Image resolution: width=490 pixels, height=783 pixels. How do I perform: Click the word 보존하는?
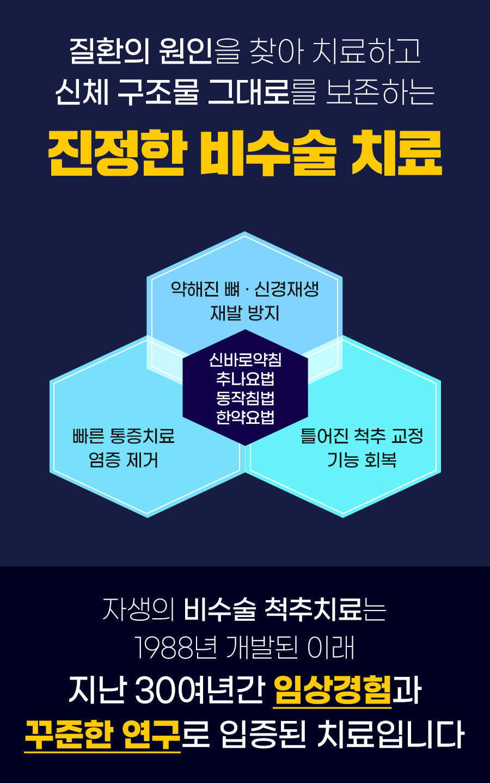pos(380,91)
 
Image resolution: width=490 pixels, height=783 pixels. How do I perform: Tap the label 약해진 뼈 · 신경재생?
pos(244,288)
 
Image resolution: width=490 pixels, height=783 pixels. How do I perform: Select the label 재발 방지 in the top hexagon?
pos(244,313)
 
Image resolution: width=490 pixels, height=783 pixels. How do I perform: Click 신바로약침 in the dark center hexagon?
pos(245,360)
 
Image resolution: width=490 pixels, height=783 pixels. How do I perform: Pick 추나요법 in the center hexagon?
pos(245,379)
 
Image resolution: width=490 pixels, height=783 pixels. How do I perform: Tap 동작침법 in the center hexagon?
pos(245,398)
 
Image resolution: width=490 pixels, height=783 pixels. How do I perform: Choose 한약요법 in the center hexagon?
pos(245,417)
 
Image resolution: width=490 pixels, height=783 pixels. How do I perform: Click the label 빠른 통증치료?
pos(124,436)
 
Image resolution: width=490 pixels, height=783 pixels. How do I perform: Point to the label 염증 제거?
pos(124,460)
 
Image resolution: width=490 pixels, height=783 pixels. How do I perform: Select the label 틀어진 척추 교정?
pos(362,436)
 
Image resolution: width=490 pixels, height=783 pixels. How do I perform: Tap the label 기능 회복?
pos(362,460)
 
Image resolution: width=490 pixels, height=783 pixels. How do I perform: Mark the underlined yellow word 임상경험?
pos(332,690)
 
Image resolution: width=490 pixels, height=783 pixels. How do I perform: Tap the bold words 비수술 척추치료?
pos(272,609)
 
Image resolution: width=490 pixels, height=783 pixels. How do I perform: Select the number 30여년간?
pos(199,690)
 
